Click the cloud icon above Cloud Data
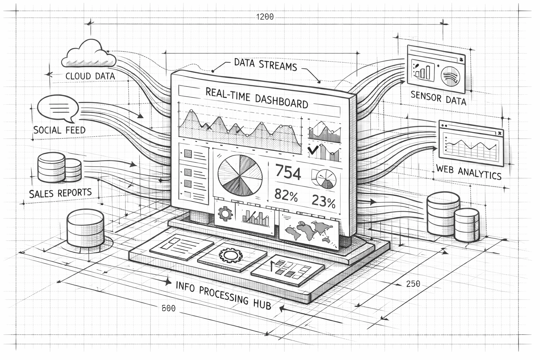pos(89,54)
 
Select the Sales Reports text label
pos(60,193)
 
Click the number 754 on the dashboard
pos(288,173)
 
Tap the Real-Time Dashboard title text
pos(256,98)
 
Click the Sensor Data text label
pos(438,98)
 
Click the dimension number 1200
pos(265,17)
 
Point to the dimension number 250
pos(413,283)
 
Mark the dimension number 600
pos(168,308)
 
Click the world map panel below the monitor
pos(310,230)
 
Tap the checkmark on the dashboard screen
pos(313,151)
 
